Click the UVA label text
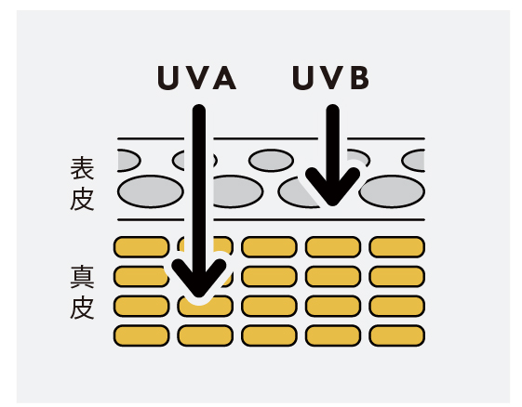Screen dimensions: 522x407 (196, 78)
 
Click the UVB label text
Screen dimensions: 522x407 (331, 78)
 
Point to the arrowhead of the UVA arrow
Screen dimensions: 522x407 (199, 280)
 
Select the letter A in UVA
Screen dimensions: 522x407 (225, 78)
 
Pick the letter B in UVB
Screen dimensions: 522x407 (359, 78)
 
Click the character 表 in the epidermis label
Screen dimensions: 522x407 (82, 168)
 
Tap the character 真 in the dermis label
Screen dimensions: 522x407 (82, 277)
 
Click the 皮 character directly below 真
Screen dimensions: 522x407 (82, 308)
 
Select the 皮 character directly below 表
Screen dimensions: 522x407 (82, 199)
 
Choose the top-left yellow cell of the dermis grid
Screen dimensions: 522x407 (141, 247)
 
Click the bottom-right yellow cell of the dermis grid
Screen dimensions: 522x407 (396, 335)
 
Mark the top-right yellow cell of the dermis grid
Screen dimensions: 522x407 (396, 247)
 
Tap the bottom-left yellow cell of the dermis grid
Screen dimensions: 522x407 (141, 335)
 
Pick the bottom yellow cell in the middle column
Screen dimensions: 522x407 (269, 335)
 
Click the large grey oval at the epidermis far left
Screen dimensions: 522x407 (151, 191)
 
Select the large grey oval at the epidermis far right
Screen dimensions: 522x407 (392, 191)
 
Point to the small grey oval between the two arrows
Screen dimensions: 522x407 (271, 161)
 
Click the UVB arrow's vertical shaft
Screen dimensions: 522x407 (332, 146)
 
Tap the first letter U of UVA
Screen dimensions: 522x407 (167, 78)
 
